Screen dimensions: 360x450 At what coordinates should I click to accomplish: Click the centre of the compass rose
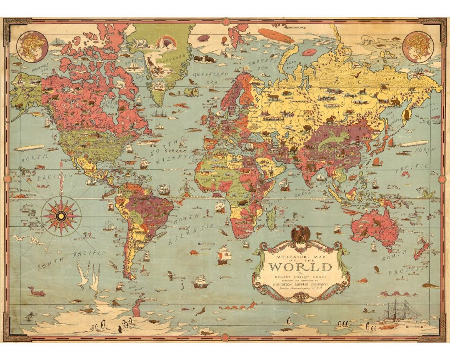pos(61,215)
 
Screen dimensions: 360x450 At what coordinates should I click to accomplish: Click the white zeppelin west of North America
pos(29,148)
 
